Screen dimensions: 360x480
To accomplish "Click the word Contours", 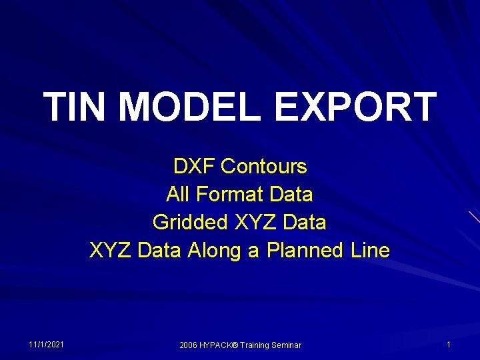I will coord(264,166).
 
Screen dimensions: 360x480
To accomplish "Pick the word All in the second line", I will coord(178,195).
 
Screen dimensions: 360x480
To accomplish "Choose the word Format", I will coord(227,195).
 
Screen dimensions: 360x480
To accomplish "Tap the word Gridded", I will coord(191,222).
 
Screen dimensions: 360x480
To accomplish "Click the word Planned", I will coord(304,251).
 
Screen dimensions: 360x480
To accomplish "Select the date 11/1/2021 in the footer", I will coord(47,344).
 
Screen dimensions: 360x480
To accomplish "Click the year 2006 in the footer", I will coord(189,345).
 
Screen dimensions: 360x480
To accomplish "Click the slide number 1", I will coord(449,344).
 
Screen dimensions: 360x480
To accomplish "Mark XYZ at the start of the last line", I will coord(111,251).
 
